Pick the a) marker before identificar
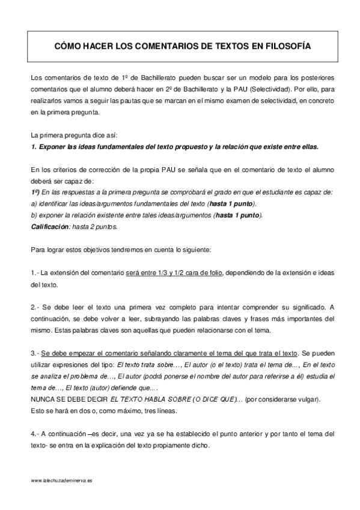coord(34,204)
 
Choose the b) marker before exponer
coord(34,216)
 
